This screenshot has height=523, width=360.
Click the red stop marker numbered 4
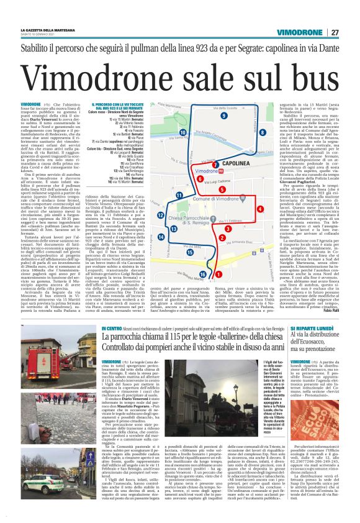tap(242, 209)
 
